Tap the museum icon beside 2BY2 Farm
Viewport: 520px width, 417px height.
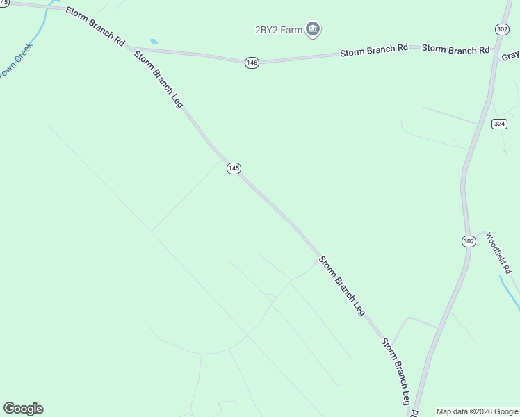pyautogui.click(x=314, y=29)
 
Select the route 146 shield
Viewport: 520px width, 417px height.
pyautogui.click(x=252, y=63)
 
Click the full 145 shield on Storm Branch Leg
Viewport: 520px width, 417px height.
pyautogui.click(x=234, y=169)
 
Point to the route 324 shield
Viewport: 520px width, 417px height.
pyautogui.click(x=499, y=124)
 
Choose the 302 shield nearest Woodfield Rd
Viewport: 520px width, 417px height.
pyautogui.click(x=469, y=240)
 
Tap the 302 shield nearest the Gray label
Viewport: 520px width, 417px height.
pyautogui.click(x=502, y=28)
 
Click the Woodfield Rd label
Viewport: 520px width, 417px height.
pyautogui.click(x=498, y=252)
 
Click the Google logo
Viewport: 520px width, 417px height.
pyautogui.click(x=23, y=409)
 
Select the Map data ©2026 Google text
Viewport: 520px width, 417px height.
pyautogui.click(x=478, y=411)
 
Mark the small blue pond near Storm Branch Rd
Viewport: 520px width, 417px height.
pyautogui.click(x=154, y=42)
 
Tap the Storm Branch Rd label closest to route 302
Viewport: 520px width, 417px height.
pyautogui.click(x=455, y=49)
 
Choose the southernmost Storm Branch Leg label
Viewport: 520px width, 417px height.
pyautogui.click(x=395, y=372)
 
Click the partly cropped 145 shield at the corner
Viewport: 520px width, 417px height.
pyautogui.click(x=4, y=3)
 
